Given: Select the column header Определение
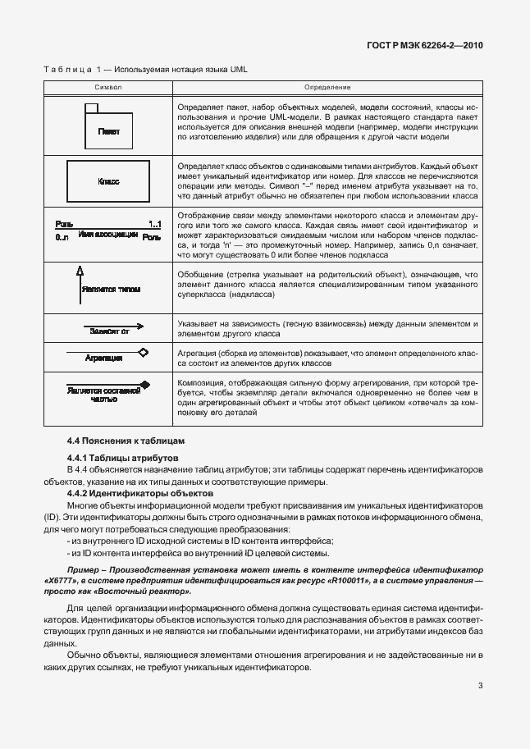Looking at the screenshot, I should (327, 87).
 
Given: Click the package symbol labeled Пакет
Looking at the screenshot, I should (107, 126).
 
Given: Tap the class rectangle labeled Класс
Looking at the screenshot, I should (108, 180).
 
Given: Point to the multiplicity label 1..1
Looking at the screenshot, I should (154, 224).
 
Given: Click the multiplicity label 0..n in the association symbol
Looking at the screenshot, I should (62, 237).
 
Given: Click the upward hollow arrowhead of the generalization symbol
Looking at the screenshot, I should (80, 272).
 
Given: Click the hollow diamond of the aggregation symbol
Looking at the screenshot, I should (144, 353).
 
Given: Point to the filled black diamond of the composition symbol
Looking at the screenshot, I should (145, 384).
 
